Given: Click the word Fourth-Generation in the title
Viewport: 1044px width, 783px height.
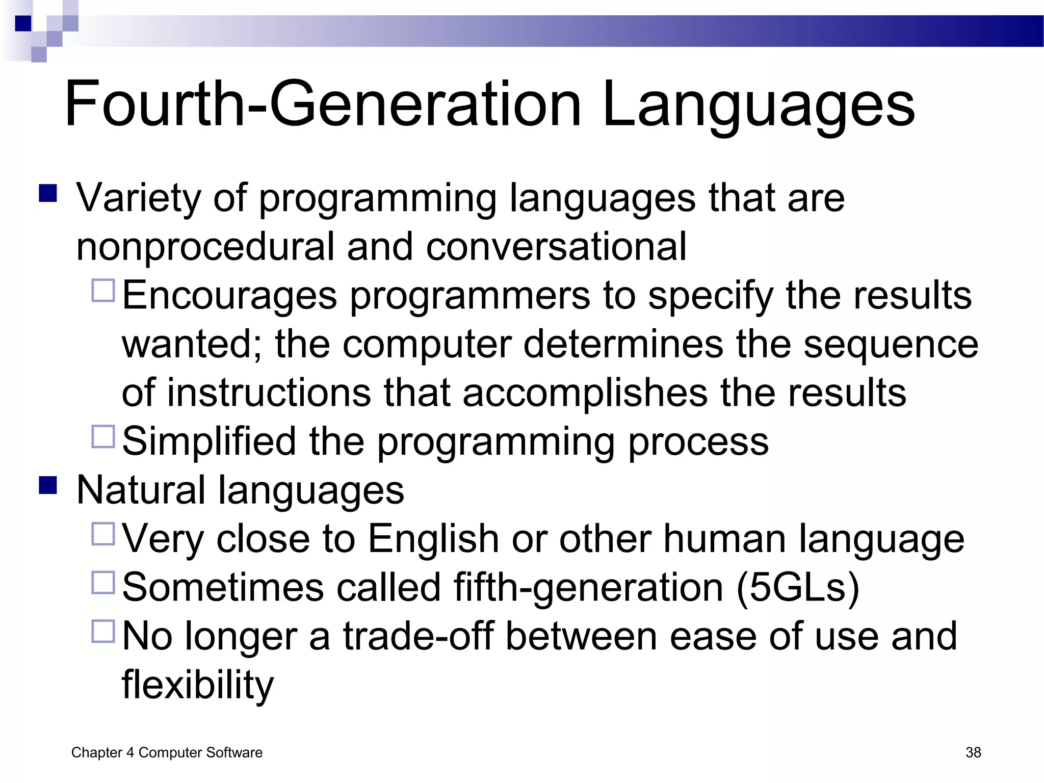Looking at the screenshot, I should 322,105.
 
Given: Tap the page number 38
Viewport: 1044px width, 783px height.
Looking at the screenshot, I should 973,752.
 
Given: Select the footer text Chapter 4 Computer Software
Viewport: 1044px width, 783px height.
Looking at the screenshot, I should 167,752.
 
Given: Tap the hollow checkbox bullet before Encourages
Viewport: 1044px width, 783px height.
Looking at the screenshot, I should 103,290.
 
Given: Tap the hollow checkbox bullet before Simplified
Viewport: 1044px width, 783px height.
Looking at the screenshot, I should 103,436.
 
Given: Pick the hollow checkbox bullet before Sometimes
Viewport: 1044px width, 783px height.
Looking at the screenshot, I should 103,582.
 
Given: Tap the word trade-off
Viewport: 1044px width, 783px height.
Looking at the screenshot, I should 418,636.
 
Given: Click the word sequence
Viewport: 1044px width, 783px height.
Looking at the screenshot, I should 891,345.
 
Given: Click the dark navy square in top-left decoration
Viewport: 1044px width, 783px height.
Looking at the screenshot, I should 23,23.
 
